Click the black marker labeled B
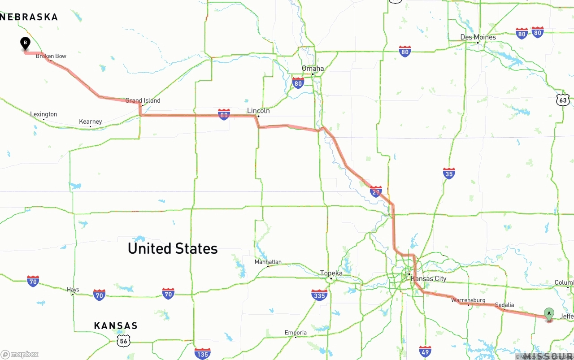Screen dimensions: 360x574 click(26, 43)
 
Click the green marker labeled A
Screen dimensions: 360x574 click(549, 313)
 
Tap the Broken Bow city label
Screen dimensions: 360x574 click(51, 56)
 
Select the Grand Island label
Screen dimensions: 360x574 click(143, 100)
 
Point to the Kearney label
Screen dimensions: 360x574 click(90, 121)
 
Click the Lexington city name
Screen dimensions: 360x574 click(43, 114)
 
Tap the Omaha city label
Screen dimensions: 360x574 click(313, 69)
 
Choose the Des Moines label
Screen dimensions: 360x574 click(478, 37)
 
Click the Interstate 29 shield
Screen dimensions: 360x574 click(376, 191)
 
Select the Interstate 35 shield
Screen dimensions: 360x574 click(449, 173)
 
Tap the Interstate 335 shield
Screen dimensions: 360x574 click(319, 295)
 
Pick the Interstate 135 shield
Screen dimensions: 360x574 click(203, 353)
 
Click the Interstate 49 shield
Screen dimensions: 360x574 click(425, 351)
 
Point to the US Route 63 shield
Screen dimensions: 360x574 click(563, 100)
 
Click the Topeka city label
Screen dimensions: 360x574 click(331, 273)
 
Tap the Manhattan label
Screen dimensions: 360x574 click(268, 262)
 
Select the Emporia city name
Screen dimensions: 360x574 click(296, 333)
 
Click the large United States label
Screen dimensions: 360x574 click(173, 248)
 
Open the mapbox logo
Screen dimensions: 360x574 click(20, 354)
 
